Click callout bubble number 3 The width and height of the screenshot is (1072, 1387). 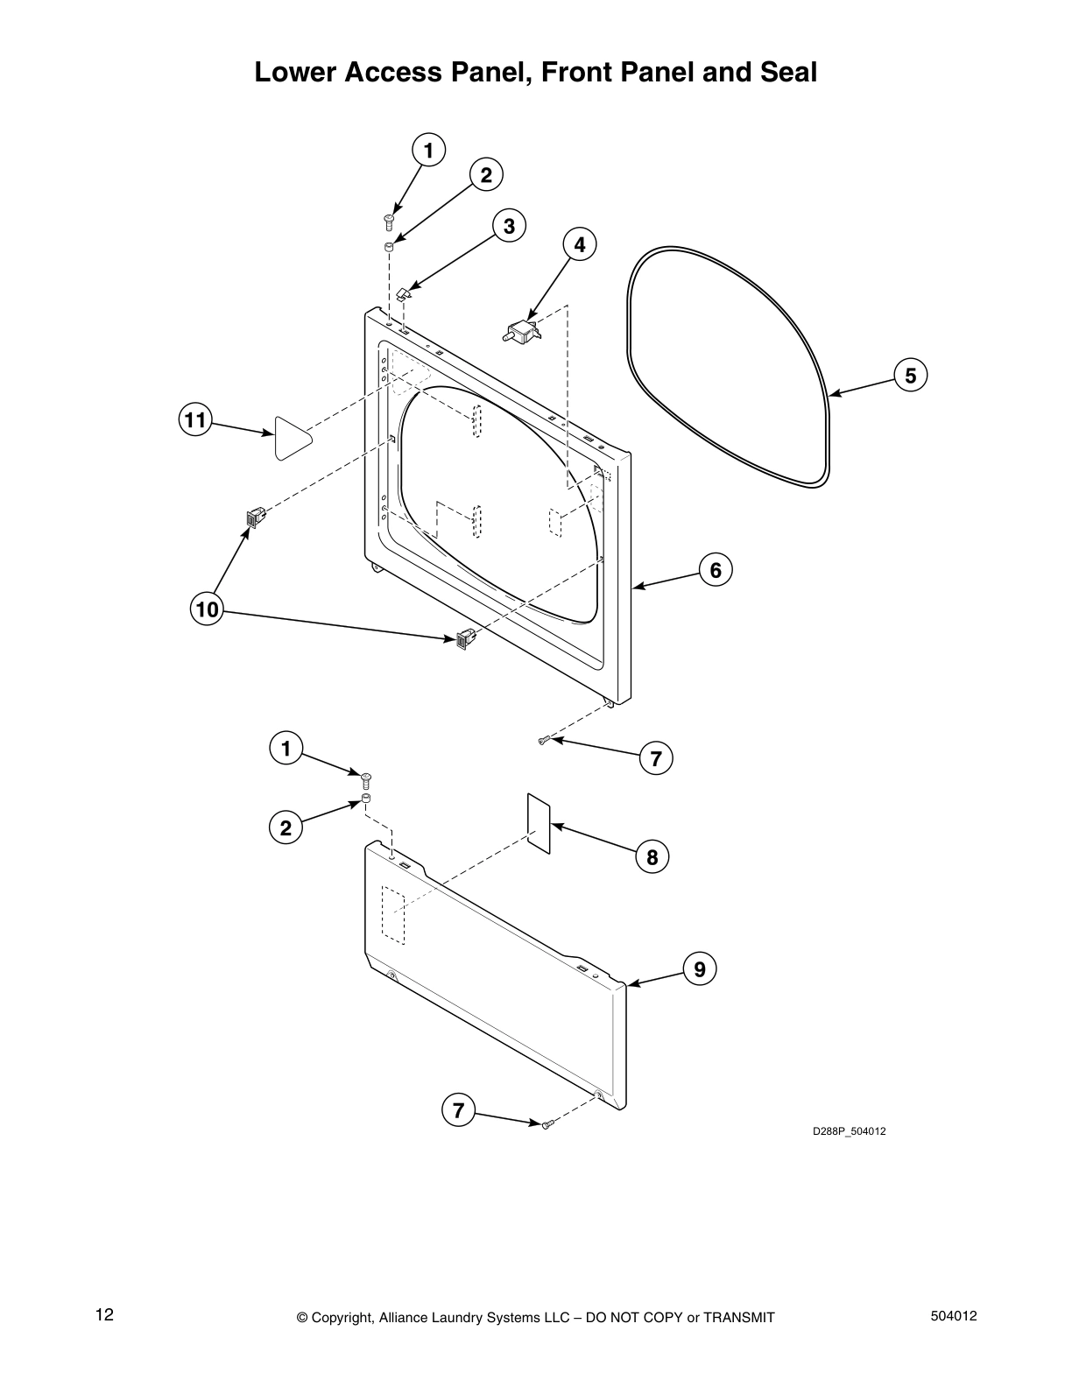pos(509,226)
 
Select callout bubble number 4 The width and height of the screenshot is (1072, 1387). pos(579,244)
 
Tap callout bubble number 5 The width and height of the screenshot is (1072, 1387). pos(910,376)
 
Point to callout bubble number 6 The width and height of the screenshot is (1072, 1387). pos(715,570)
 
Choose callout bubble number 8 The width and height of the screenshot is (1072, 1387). pos(652,856)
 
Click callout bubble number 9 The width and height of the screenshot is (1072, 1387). pos(700,969)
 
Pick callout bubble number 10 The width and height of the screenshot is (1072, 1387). pos(207,609)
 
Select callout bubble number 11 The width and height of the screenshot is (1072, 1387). pos(194,420)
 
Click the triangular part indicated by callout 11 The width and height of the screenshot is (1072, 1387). pos(291,438)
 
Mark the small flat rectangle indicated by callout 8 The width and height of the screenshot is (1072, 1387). pos(539,823)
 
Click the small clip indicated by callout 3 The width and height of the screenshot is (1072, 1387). pos(404,293)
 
